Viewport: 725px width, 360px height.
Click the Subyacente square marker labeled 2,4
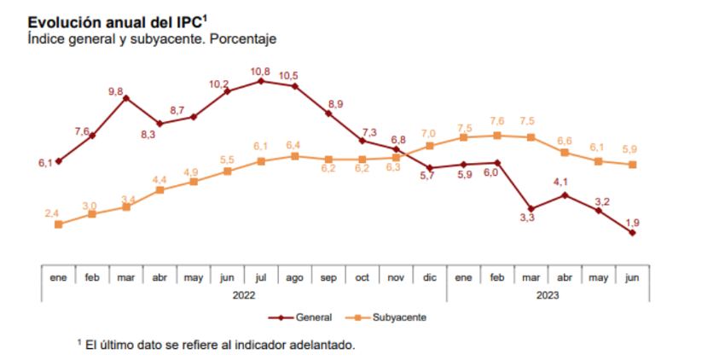tap(58, 224)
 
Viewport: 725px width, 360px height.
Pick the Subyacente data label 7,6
tap(496, 121)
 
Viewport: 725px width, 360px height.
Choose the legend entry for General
tap(301, 317)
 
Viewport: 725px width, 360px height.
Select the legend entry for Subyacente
tap(391, 317)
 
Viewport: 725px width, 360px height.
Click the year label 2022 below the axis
tap(244, 294)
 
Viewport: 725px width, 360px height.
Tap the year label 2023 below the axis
tap(548, 294)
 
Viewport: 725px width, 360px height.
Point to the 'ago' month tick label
tap(294, 277)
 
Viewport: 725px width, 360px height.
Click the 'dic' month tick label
tap(430, 277)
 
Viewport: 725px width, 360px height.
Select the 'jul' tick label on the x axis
tap(261, 277)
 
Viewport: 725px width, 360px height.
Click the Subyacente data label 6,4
tap(294, 145)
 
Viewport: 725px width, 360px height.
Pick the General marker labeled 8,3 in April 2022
tap(159, 124)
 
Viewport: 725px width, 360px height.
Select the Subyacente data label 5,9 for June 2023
tap(632, 148)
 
